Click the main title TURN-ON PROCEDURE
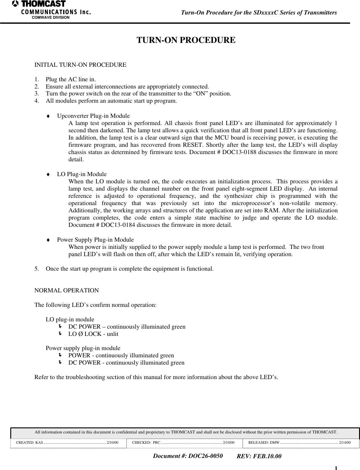click(186, 40)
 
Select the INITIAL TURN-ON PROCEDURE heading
click(80, 65)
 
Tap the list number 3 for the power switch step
click(36, 94)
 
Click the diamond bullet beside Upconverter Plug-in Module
click(47, 116)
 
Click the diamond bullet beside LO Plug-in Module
click(47, 175)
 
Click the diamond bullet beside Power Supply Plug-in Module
click(47, 240)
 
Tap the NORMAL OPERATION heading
click(66, 291)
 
